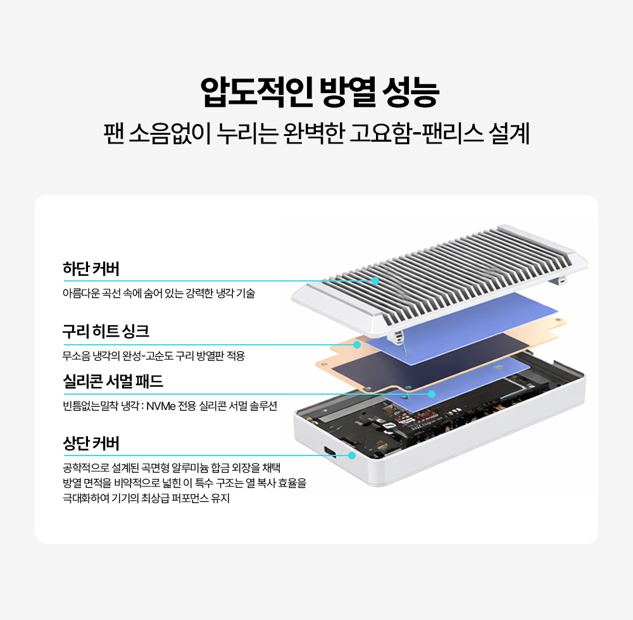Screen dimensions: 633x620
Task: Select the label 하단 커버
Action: tap(91, 269)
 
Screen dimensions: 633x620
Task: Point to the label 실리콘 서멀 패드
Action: tap(113, 381)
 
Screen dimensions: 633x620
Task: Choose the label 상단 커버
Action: tap(91, 443)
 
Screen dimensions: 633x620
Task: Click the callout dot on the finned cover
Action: tap(375, 280)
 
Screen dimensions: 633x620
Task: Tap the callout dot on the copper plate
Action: tap(357, 345)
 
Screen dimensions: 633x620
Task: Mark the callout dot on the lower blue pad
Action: tap(432, 394)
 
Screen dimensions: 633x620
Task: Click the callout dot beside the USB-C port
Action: tap(352, 455)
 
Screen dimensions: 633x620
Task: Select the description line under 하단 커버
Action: tap(158, 294)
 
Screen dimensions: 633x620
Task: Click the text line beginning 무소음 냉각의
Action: tap(153, 356)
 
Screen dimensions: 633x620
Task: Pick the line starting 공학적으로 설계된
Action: tap(171, 468)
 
